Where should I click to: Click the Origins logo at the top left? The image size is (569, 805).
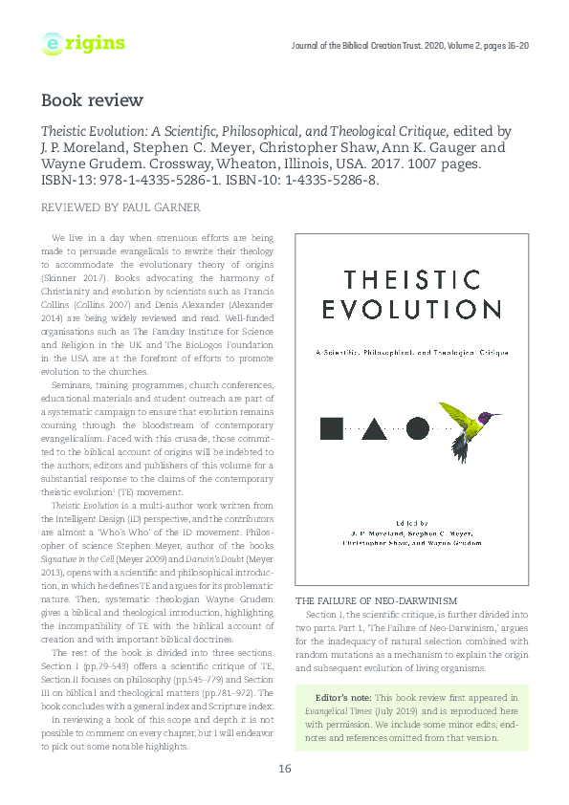coord(83,43)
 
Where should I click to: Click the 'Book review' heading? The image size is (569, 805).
coord(92,99)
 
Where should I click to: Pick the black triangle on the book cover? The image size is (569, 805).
coord(374,427)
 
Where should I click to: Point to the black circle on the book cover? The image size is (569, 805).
coord(418,427)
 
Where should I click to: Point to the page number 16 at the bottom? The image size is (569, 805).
coord(284,770)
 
